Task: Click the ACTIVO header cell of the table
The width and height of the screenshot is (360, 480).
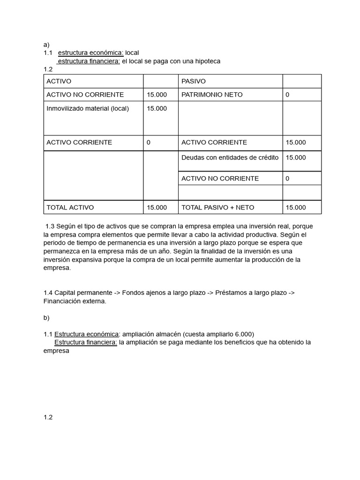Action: click(59, 81)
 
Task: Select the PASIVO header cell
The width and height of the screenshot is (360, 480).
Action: click(193, 81)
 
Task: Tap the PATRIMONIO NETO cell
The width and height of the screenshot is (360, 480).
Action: click(212, 95)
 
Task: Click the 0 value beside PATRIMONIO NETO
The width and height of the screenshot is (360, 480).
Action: click(287, 95)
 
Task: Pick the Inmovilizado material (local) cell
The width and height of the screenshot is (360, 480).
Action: click(88, 108)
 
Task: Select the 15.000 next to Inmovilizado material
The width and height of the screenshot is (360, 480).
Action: click(157, 108)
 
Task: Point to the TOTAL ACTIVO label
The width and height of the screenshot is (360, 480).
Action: click(70, 207)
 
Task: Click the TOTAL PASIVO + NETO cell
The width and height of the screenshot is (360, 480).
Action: click(217, 207)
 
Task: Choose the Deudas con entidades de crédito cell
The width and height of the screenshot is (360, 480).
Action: click(230, 157)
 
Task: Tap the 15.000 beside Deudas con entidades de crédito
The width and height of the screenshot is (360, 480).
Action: click(295, 157)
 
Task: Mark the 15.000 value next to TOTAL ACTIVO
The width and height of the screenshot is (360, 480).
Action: click(157, 207)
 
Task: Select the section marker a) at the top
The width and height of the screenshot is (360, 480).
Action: click(46, 45)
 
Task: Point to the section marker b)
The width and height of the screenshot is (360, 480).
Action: click(46, 317)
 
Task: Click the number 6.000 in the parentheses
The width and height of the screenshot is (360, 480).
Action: click(242, 334)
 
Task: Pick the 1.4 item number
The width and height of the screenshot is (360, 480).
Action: click(48, 292)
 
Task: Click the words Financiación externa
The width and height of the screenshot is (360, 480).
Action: click(75, 301)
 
